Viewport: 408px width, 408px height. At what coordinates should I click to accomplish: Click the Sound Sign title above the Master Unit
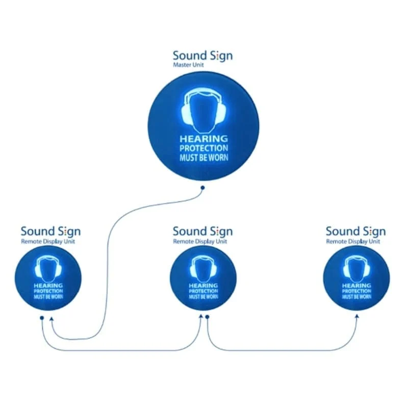tap(202, 56)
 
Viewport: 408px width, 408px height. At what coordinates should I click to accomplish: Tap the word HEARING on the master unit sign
tap(203, 139)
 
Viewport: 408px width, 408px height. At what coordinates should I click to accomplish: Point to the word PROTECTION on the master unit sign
tap(203, 148)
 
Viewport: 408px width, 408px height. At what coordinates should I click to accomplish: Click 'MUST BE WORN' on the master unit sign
tap(203, 157)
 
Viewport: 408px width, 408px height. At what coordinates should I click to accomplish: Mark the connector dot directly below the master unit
tap(202, 188)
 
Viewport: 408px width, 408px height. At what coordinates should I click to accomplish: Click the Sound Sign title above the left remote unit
tap(50, 232)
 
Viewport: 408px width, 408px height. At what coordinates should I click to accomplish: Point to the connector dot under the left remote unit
tap(42, 317)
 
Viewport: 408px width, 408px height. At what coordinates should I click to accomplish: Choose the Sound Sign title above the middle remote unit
tap(202, 232)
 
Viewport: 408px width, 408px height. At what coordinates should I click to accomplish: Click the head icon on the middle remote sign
tap(203, 268)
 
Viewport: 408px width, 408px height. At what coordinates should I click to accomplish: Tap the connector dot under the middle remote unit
tap(208, 317)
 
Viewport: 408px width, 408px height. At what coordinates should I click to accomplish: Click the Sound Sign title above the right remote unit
tap(355, 232)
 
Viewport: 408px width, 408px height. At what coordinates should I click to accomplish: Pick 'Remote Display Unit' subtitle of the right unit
tap(353, 241)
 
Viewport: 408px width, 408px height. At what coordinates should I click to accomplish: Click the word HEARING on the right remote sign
tap(356, 286)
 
